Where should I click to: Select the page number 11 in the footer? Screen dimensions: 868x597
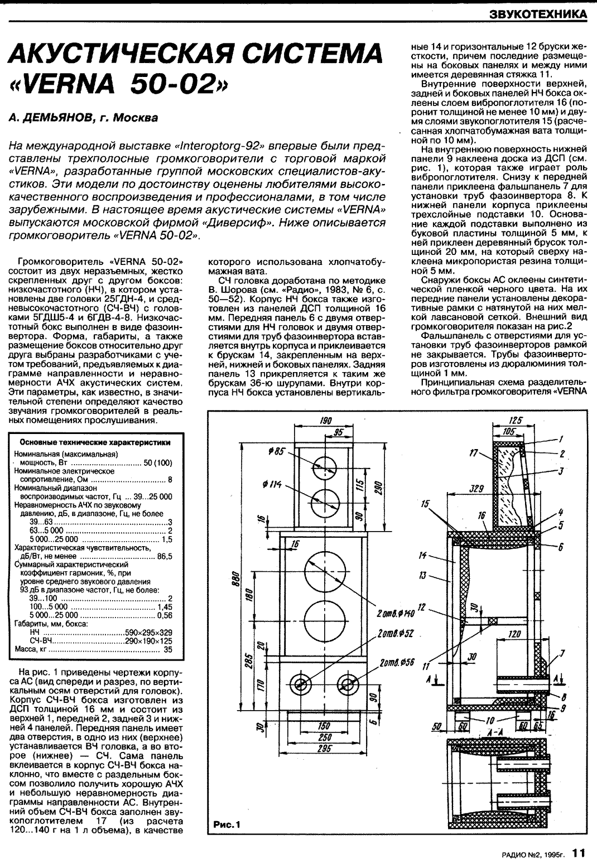click(x=579, y=853)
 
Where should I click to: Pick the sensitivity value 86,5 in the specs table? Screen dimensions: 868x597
click(x=165, y=556)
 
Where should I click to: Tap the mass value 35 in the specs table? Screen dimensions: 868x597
click(x=167, y=650)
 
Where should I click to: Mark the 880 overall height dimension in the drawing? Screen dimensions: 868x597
click(x=236, y=580)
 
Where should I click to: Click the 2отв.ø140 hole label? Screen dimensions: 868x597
click(x=396, y=614)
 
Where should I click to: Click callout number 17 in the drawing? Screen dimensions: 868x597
click(x=474, y=454)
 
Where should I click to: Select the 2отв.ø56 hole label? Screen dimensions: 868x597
click(x=395, y=662)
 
